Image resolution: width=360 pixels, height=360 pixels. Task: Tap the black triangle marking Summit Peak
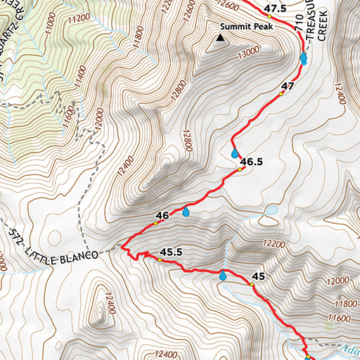pyautogui.click(x=221, y=40)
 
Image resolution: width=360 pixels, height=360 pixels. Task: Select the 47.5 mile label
pyautogui.click(x=276, y=8)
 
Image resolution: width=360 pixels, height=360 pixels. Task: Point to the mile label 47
pyautogui.click(x=288, y=86)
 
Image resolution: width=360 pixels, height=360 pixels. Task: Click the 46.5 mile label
pyautogui.click(x=251, y=162)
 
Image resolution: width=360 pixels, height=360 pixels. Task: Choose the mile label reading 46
pyautogui.click(x=162, y=215)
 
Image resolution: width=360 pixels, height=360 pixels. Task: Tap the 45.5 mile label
pyautogui.click(x=172, y=251)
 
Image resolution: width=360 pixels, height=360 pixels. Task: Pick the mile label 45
pyautogui.click(x=258, y=276)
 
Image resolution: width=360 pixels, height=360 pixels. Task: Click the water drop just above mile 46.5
pyautogui.click(x=235, y=153)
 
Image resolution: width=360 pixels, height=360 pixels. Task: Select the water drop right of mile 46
pyautogui.click(x=186, y=211)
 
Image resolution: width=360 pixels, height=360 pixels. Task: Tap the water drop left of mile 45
pyautogui.click(x=223, y=276)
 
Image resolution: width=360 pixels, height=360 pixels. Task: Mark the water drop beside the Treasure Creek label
pyautogui.click(x=303, y=58)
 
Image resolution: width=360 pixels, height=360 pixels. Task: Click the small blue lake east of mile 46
pyautogui.click(x=270, y=210)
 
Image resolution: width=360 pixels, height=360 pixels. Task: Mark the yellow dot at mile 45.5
pyautogui.click(x=160, y=260)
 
